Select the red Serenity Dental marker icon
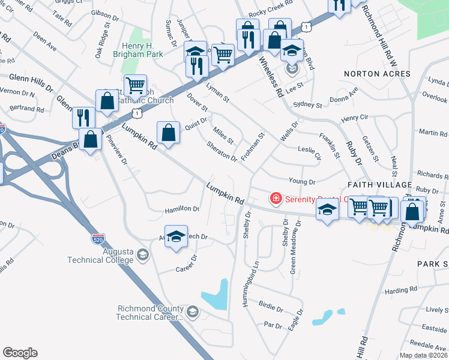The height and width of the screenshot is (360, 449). pos(276,198)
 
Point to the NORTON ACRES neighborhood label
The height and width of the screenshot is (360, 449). pos(377,74)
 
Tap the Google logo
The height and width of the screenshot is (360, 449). pos(20,353)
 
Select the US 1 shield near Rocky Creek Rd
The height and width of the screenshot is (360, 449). pos(307,27)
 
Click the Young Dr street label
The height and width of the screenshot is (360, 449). pos(302,181)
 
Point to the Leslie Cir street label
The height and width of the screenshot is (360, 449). pos(311,149)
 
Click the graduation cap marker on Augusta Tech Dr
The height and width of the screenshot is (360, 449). pos(176,236)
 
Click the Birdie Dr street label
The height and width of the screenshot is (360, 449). pos(271,308)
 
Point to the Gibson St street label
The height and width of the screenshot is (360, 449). pos(105,13)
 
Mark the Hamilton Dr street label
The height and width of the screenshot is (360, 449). pos(182,209)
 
